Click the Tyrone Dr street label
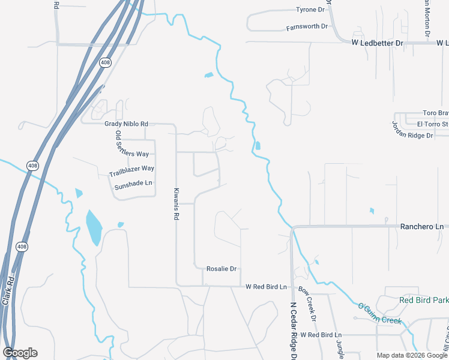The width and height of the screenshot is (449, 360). tap(310, 10)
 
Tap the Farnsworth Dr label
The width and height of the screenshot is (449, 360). tap(307, 27)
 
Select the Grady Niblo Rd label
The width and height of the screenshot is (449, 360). tap(125, 124)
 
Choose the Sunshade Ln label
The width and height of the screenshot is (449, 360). tap(133, 183)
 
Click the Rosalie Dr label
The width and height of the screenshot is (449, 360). tap(221, 269)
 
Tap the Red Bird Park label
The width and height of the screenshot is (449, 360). tap(424, 299)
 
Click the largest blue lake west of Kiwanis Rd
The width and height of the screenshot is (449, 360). tap(94, 227)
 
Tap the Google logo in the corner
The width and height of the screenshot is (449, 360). tap(20, 353)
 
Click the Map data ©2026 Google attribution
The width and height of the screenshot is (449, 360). tap(412, 355)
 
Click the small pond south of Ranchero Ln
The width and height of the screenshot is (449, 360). tap(316, 262)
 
